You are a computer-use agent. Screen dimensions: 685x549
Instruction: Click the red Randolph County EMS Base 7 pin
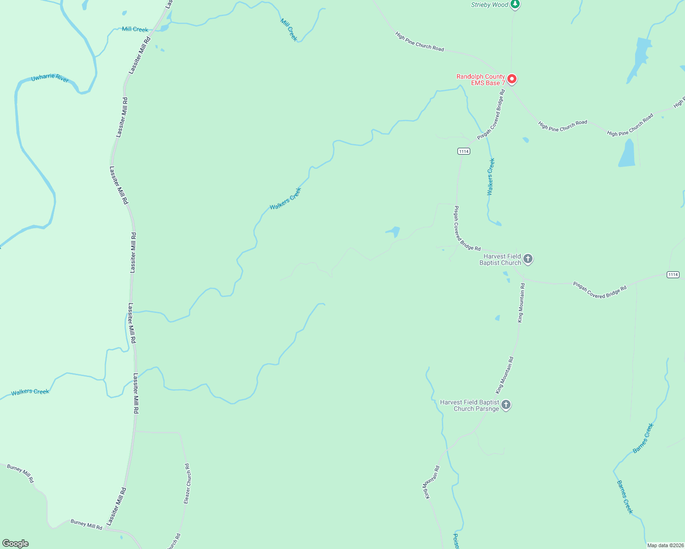click(512, 79)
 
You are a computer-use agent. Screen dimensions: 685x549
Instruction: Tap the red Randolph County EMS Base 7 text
click(480, 80)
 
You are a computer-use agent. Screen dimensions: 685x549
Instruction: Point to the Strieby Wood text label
click(489, 5)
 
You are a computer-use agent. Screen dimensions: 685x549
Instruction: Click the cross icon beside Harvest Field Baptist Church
click(528, 259)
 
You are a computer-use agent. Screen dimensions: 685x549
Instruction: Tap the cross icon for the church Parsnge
click(506, 405)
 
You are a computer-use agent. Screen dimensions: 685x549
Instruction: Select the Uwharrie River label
click(50, 78)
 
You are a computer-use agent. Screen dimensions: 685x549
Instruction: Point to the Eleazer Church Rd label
click(187, 484)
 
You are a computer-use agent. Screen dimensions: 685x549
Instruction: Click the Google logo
click(16, 544)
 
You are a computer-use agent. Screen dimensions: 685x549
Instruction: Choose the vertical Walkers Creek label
click(490, 177)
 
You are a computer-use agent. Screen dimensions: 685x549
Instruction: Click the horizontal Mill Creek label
click(135, 29)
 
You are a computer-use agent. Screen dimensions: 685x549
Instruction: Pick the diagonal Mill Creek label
click(289, 30)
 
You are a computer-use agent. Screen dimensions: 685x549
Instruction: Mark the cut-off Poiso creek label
click(456, 541)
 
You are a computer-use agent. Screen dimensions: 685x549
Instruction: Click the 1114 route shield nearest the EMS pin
click(463, 151)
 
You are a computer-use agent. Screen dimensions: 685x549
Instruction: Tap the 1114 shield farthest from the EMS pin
click(673, 274)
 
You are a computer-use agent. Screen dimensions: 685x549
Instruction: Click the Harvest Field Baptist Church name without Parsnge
click(500, 259)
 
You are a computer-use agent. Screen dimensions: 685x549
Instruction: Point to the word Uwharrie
click(43, 77)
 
